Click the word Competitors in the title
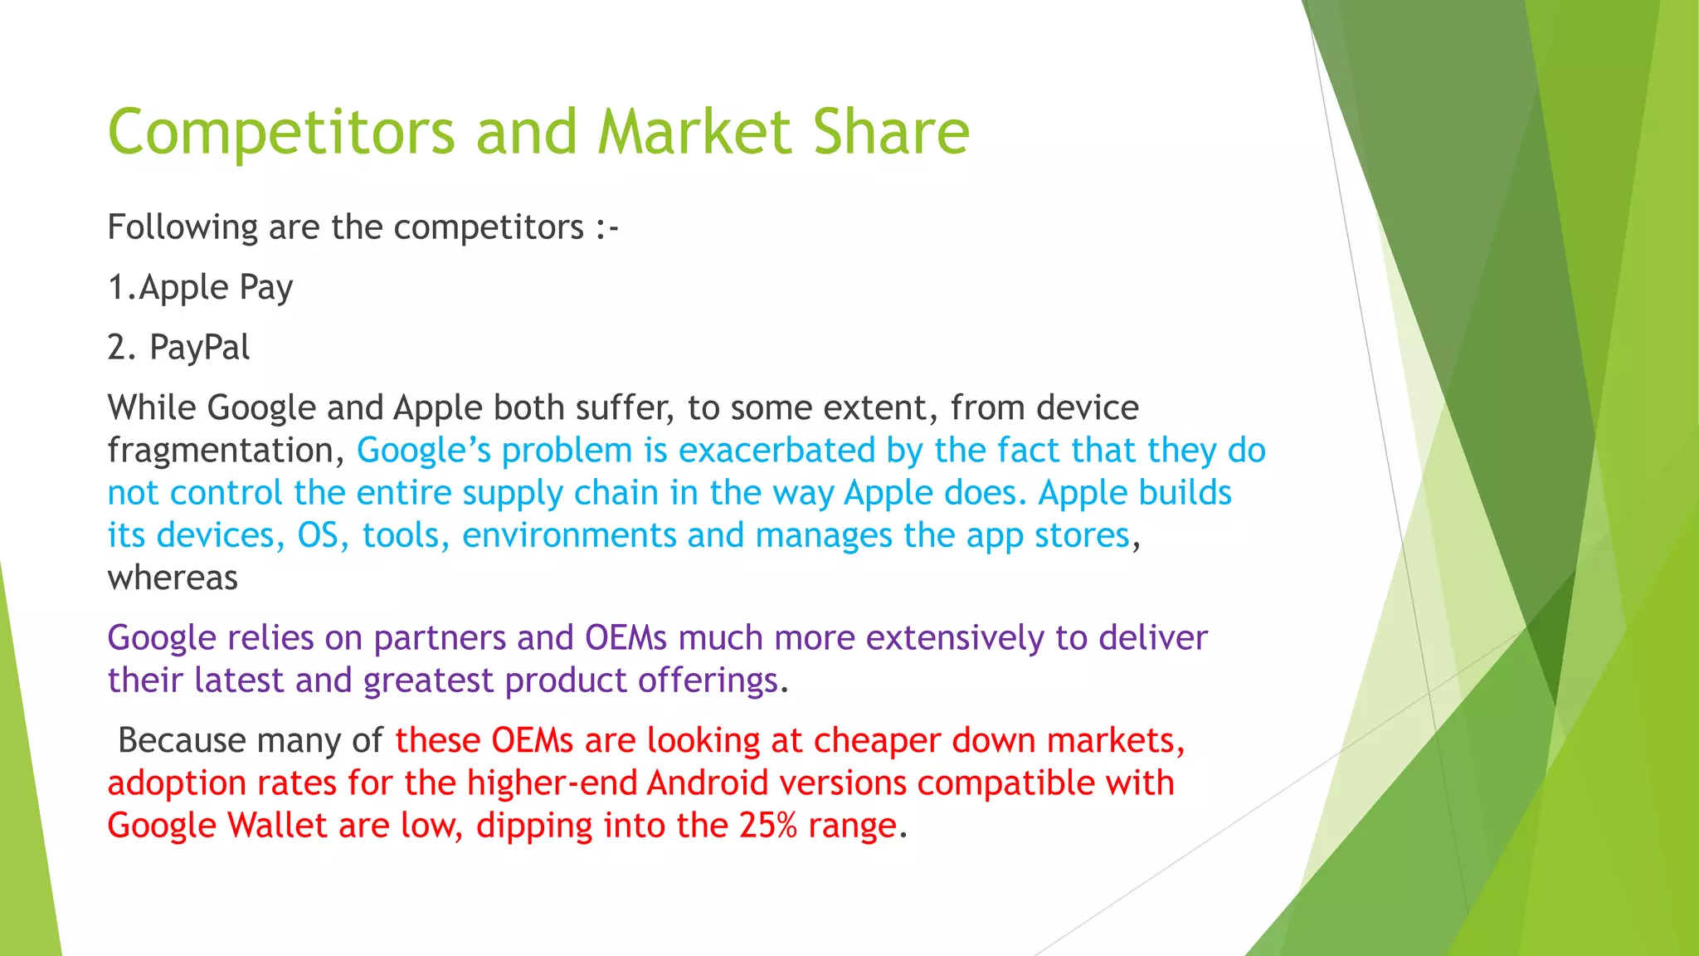(x=281, y=133)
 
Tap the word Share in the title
(x=891, y=133)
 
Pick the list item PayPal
(x=199, y=348)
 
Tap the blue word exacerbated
(x=776, y=451)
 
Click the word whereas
(x=173, y=578)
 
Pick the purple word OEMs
(x=626, y=638)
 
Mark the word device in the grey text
(x=1087, y=408)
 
